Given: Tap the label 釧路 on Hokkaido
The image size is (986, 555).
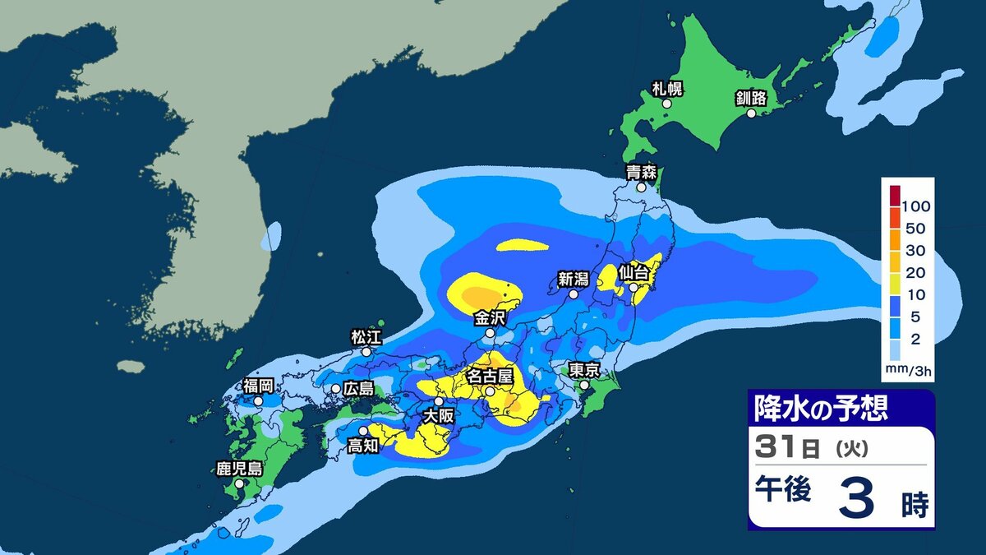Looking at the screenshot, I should coord(750,99).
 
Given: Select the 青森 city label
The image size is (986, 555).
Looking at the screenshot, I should coord(640,173).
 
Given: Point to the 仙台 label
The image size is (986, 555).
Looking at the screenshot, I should coord(634,271).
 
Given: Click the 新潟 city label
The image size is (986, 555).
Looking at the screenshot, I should coord(574,278).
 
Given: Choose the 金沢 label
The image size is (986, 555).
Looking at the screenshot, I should coord(489,317).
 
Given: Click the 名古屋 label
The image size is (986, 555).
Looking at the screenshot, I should coord(490,376).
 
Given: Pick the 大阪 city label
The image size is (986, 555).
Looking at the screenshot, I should coord(438,417).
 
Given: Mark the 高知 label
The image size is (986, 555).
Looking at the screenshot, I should coord(362,446).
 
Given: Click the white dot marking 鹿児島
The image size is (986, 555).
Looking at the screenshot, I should coord(239,484).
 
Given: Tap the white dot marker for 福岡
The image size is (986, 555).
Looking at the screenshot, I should coord(259,401).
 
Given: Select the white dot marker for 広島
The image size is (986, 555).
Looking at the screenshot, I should coord(336,388).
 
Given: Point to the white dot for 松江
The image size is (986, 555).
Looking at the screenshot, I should coord(366,351).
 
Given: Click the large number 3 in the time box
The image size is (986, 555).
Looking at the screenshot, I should coord(856,499).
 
